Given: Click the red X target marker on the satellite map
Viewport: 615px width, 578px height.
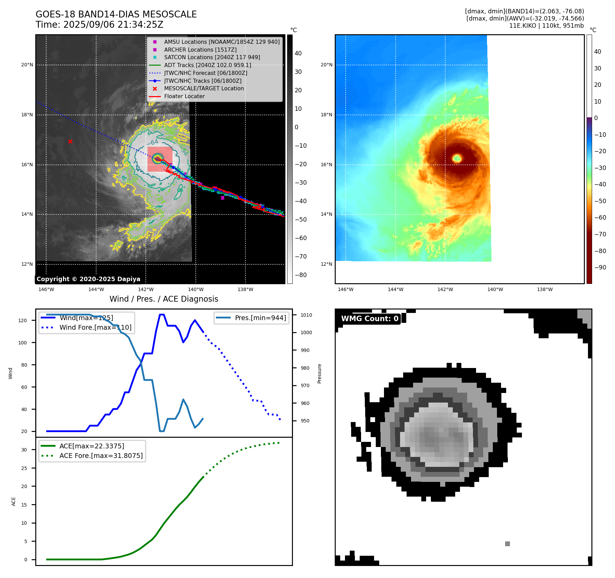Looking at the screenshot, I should pyautogui.click(x=70, y=141).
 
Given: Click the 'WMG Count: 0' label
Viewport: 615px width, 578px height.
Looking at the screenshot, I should pyautogui.click(x=370, y=319).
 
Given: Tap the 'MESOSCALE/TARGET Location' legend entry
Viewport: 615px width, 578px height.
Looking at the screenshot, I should pyautogui.click(x=204, y=88).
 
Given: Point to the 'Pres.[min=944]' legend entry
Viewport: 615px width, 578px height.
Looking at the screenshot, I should pyautogui.click(x=260, y=318).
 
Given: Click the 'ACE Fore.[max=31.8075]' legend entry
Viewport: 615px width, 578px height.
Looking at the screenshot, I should pyautogui.click(x=101, y=456).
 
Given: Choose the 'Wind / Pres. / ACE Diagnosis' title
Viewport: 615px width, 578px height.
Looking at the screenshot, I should pyautogui.click(x=164, y=299).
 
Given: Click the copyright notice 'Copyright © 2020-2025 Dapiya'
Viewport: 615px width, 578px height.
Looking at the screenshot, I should pyautogui.click(x=88, y=279).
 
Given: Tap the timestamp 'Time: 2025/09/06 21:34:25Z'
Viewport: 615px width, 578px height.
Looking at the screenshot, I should pyautogui.click(x=99, y=25).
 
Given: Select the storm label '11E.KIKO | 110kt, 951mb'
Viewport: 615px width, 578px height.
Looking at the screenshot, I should pyautogui.click(x=546, y=26).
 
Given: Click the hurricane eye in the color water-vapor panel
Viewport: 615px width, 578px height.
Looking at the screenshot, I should pyautogui.click(x=457, y=158).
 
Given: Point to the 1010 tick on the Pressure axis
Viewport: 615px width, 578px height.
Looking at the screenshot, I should pyautogui.click(x=306, y=315).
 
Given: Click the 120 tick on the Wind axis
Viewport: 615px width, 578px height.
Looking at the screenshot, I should pyautogui.click(x=23, y=320).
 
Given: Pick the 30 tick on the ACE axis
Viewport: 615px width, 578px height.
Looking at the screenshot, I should pyautogui.click(x=24, y=450).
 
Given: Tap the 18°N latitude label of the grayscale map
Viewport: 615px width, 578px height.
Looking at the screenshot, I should pyautogui.click(x=27, y=115).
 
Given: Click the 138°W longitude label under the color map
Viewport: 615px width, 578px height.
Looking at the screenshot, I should pyautogui.click(x=544, y=289).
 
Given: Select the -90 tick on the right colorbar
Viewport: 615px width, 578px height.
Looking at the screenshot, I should pyautogui.click(x=600, y=267).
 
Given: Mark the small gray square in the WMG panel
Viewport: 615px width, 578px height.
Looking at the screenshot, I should pyautogui.click(x=508, y=544).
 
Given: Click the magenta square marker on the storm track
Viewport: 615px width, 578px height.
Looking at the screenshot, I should pyautogui.click(x=222, y=198).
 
